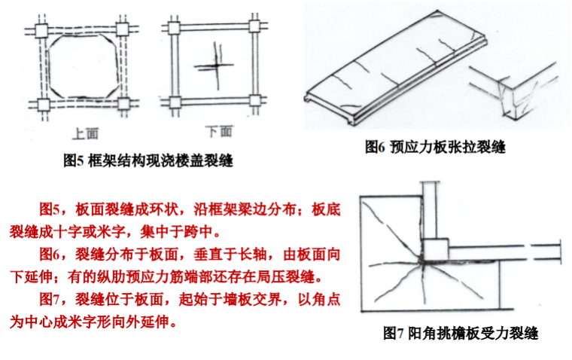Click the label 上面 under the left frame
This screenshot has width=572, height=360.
pos(85,133)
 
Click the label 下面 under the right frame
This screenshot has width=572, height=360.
pos(218,132)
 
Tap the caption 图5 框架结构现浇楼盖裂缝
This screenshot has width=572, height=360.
pos(148,160)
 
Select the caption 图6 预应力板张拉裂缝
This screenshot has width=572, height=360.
pos(435,147)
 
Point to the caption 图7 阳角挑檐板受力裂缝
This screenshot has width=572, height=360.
pos(461,333)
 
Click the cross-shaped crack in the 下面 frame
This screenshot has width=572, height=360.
pos(214,66)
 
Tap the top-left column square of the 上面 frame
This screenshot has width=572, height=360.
pos(41,30)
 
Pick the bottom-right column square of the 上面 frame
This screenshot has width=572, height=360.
pos(123,104)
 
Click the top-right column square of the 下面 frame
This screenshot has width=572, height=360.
pos(254,26)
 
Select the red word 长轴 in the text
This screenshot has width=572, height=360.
pos(251,255)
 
